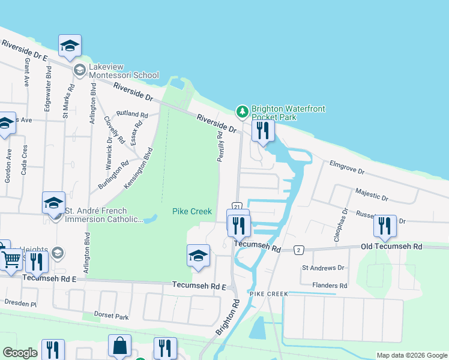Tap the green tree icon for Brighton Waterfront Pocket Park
point(243,111)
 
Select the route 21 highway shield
point(237,206)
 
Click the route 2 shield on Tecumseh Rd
point(298,249)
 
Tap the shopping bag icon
point(119,346)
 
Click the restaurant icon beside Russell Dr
point(384,226)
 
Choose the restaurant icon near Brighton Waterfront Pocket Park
point(262,131)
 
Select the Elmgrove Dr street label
point(346,167)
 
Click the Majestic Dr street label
point(372,194)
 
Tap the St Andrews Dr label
point(324,268)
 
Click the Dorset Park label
point(113,316)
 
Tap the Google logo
point(20,353)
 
